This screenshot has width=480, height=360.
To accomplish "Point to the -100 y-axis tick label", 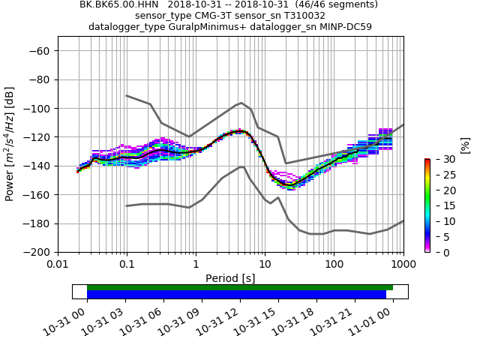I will (37, 108).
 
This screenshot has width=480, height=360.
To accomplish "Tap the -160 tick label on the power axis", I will (37, 195).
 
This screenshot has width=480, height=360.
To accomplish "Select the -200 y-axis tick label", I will (37, 252).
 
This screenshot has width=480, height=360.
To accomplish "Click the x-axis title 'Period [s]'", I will (230, 278).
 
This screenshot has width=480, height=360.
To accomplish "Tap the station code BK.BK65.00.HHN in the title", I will (119, 4).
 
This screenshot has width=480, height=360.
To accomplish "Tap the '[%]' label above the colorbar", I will (465, 145).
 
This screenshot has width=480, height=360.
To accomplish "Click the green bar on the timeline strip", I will (240, 287).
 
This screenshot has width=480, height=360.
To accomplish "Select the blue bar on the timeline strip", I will (236, 295).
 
